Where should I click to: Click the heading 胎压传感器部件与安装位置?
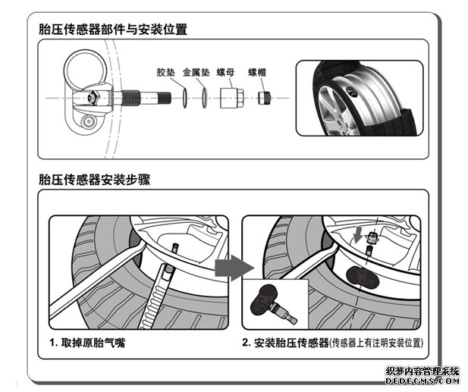113,30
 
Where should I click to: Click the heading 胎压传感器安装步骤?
98,180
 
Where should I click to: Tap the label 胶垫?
165,74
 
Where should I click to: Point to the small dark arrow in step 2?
357,232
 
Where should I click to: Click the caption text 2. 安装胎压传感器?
285,343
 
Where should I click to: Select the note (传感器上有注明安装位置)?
376,343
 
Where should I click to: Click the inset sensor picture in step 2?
274,303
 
